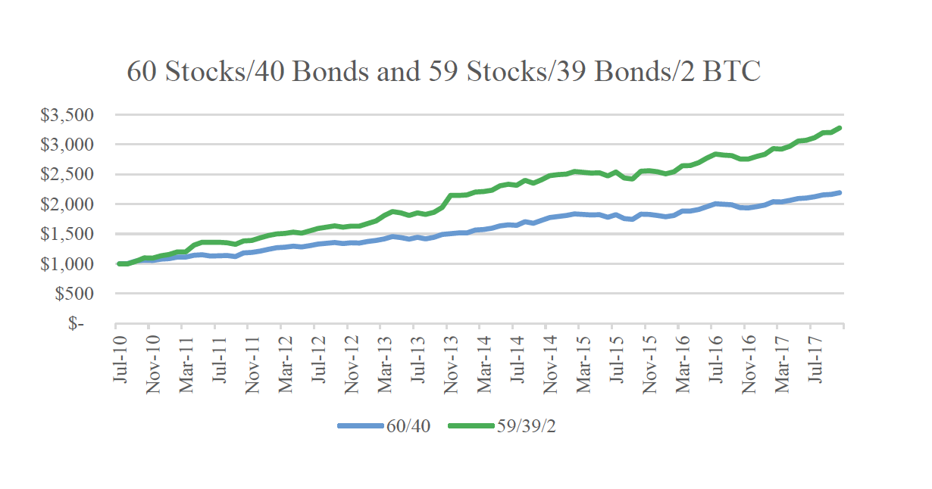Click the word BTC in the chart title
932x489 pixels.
(732, 71)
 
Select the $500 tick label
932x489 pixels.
(75, 294)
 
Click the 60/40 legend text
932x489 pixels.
(408, 426)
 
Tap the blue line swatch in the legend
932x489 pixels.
(361, 426)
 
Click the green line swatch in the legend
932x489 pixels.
(471, 426)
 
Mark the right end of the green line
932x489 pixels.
(840, 128)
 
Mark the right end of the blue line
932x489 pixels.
(840, 193)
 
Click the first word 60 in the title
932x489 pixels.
(142, 71)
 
